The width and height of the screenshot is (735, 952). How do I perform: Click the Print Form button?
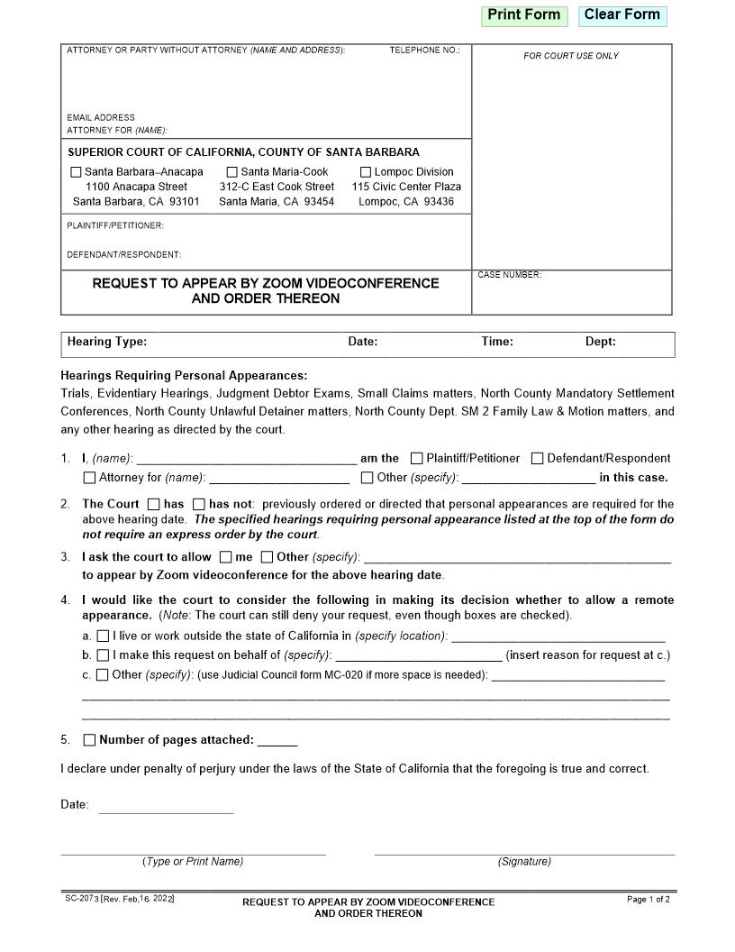(x=523, y=15)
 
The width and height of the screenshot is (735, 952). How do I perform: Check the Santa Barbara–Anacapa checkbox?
(x=76, y=172)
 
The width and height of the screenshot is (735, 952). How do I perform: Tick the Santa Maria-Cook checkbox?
(x=231, y=172)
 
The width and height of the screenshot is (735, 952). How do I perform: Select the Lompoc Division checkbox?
(x=366, y=172)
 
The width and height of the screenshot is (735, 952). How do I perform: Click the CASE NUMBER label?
(x=510, y=275)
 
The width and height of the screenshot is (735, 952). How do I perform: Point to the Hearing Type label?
(x=106, y=342)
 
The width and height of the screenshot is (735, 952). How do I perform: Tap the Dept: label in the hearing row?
(x=601, y=342)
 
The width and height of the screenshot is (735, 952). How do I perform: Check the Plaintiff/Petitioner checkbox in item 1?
(x=416, y=459)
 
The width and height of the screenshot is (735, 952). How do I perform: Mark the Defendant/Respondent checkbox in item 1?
(x=537, y=459)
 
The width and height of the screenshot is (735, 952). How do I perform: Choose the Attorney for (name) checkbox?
(x=89, y=478)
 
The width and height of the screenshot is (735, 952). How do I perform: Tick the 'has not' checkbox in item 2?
(x=199, y=504)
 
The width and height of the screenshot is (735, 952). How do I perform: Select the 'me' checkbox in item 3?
(x=225, y=557)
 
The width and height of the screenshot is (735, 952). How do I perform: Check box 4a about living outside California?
(x=103, y=636)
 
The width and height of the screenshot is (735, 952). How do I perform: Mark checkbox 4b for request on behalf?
(x=103, y=655)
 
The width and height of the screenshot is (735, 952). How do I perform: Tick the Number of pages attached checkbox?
(x=89, y=740)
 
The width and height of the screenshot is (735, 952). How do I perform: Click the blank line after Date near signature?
(x=166, y=806)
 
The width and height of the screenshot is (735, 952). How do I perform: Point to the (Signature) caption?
(x=524, y=862)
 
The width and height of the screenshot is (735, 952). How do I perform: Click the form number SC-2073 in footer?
(x=81, y=899)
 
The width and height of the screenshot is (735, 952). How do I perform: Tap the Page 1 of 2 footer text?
(x=648, y=900)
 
